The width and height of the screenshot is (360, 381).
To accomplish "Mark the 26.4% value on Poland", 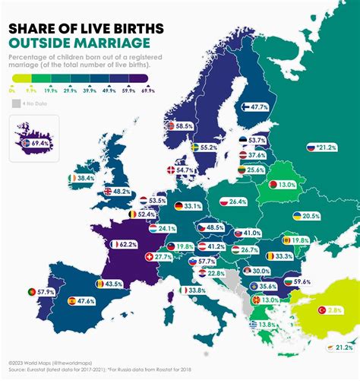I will point(238,202).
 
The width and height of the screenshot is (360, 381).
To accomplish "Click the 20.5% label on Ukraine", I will point(311,216).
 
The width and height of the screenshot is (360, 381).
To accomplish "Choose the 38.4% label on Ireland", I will point(85,177).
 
